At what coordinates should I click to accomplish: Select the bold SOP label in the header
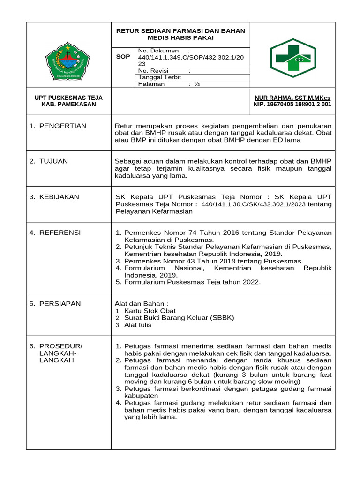point(123,57)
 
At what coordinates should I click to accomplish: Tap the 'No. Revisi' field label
point(154,70)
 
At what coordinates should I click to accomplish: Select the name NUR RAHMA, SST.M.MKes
point(292,97)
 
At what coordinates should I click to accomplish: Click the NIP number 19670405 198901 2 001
point(292,105)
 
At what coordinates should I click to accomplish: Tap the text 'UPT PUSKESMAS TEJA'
point(69,97)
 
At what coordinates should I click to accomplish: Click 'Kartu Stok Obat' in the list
point(150,311)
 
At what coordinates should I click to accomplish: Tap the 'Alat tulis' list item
point(138,325)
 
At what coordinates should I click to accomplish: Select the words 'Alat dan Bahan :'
point(141,303)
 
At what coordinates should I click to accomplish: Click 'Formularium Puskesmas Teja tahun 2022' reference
point(192,282)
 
